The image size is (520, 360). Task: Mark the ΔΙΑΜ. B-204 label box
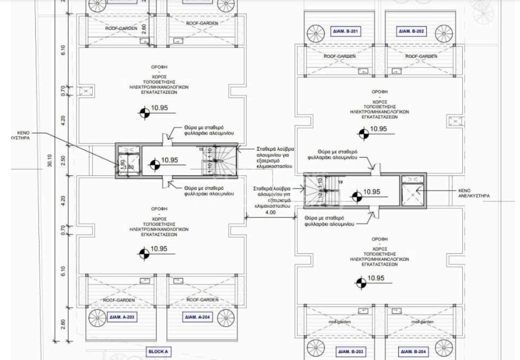[413, 352]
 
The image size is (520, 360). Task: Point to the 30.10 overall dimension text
[50, 161]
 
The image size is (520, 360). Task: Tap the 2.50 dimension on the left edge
[63, 161]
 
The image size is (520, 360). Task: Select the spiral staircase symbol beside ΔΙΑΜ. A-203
[97, 317]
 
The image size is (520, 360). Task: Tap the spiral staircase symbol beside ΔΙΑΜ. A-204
[226, 317]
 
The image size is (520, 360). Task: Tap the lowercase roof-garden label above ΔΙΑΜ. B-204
[421, 322]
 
